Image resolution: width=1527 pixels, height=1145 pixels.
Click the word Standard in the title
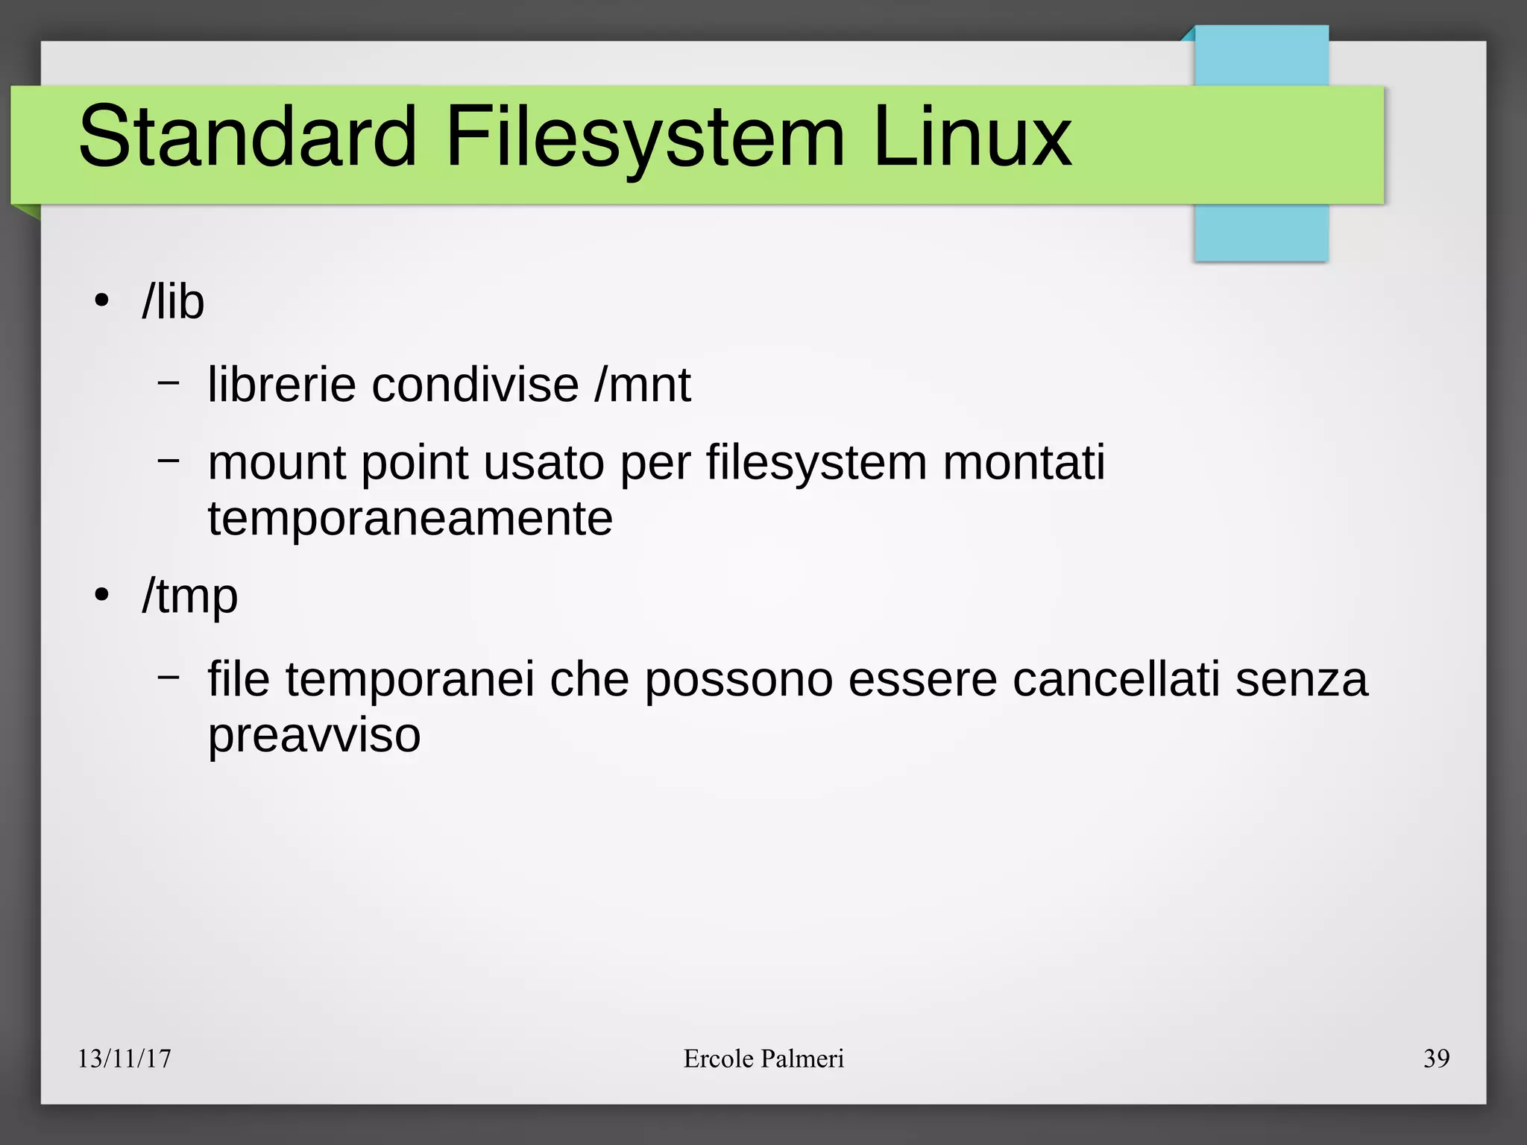pyautogui.click(x=247, y=137)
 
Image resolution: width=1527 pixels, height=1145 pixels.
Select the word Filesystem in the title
pyautogui.click(x=644, y=139)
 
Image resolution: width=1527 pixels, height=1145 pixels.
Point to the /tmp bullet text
pyautogui.click(x=190, y=596)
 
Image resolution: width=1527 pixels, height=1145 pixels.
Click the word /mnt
pyautogui.click(x=643, y=385)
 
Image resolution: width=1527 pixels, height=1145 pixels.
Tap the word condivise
pyautogui.click(x=475, y=385)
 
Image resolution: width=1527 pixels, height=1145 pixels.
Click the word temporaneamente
pyautogui.click(x=410, y=519)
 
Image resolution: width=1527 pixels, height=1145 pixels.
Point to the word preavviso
pyautogui.click(x=314, y=736)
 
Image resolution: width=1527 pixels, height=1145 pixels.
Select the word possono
pyautogui.click(x=738, y=681)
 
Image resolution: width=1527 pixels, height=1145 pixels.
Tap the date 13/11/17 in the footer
pyautogui.click(x=125, y=1059)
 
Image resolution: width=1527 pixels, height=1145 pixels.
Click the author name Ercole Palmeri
pyautogui.click(x=763, y=1059)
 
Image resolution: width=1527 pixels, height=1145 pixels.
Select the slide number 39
pyautogui.click(x=1436, y=1059)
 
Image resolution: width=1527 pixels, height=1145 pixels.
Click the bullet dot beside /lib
pyautogui.click(x=102, y=302)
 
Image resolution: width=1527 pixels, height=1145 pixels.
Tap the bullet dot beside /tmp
pyautogui.click(x=102, y=596)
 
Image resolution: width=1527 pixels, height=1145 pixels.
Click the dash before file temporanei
pyautogui.click(x=169, y=676)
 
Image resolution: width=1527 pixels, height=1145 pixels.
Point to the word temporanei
pyautogui.click(x=410, y=681)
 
